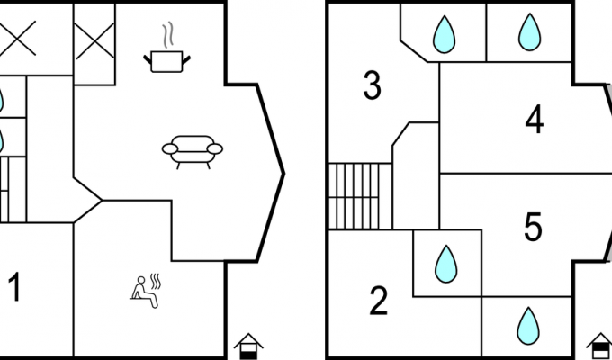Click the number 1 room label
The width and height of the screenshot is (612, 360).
click(14, 287)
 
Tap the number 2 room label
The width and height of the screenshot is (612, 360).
click(379, 301)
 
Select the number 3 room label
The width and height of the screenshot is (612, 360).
click(372, 85)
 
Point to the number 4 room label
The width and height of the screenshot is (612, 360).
click(535, 119)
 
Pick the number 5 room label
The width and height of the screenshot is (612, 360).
click(533, 227)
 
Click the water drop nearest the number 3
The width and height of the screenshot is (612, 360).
click(445, 34)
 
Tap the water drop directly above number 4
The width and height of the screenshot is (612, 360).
click(529, 32)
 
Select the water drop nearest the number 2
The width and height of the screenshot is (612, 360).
click(446, 264)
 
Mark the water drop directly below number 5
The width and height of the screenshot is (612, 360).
click(528, 326)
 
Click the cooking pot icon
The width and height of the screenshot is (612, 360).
click(166, 62)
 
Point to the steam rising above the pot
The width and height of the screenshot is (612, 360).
click(167, 35)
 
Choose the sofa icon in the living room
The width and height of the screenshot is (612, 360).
click(193, 152)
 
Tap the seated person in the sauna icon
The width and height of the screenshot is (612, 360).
click(144, 292)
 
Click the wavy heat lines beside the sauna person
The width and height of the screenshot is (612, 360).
click(156, 281)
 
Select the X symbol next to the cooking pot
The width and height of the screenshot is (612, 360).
click(94, 41)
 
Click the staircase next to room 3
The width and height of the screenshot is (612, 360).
click(360, 196)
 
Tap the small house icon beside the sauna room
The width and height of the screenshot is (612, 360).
click(248, 346)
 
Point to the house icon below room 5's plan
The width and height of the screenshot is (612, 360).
click(600, 346)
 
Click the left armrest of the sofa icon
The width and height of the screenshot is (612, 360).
click(170, 148)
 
